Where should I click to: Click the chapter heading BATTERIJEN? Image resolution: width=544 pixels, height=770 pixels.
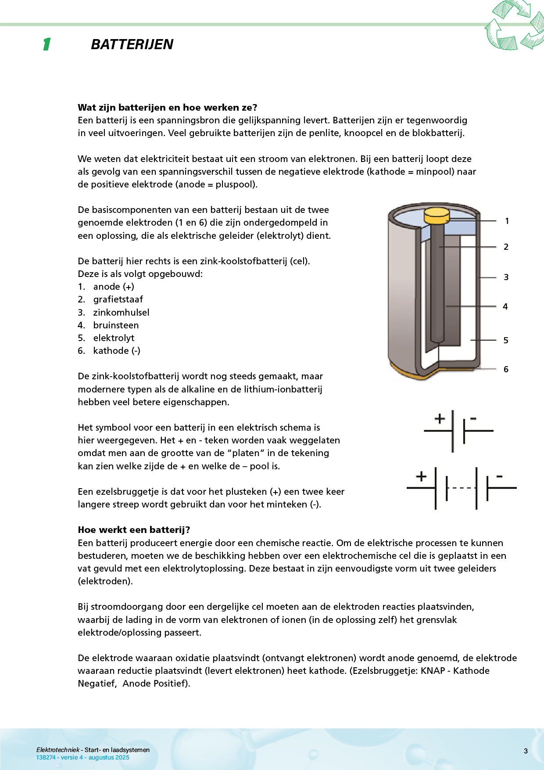pos(132,44)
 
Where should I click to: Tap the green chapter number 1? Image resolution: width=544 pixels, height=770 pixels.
pos(47,44)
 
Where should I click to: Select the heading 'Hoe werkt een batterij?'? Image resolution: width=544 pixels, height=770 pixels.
pos(134,530)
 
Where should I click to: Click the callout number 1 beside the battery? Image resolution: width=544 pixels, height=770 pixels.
pos(507,221)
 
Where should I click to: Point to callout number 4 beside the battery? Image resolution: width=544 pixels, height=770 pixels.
pos(505,306)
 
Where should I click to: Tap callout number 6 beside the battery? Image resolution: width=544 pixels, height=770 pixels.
pos(506,369)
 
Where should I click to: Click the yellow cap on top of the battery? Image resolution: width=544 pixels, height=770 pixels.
pos(437,215)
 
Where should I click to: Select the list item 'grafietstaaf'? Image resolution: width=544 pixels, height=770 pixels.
pos(118,299)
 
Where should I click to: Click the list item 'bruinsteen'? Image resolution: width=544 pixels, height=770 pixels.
pos(116,325)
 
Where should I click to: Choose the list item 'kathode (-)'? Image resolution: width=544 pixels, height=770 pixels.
pos(117,351)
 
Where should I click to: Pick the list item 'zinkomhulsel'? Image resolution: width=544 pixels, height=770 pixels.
pos(121,313)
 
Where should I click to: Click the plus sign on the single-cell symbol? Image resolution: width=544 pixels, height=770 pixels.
pos(440,418)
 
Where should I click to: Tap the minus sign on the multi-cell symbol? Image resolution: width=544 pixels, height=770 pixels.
pos(499,476)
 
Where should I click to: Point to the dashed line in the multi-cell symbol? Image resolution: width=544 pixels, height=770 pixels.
pos(462,488)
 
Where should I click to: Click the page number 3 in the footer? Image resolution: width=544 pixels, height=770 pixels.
pos(526,751)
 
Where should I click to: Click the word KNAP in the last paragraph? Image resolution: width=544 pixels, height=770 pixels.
pos(433,671)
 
